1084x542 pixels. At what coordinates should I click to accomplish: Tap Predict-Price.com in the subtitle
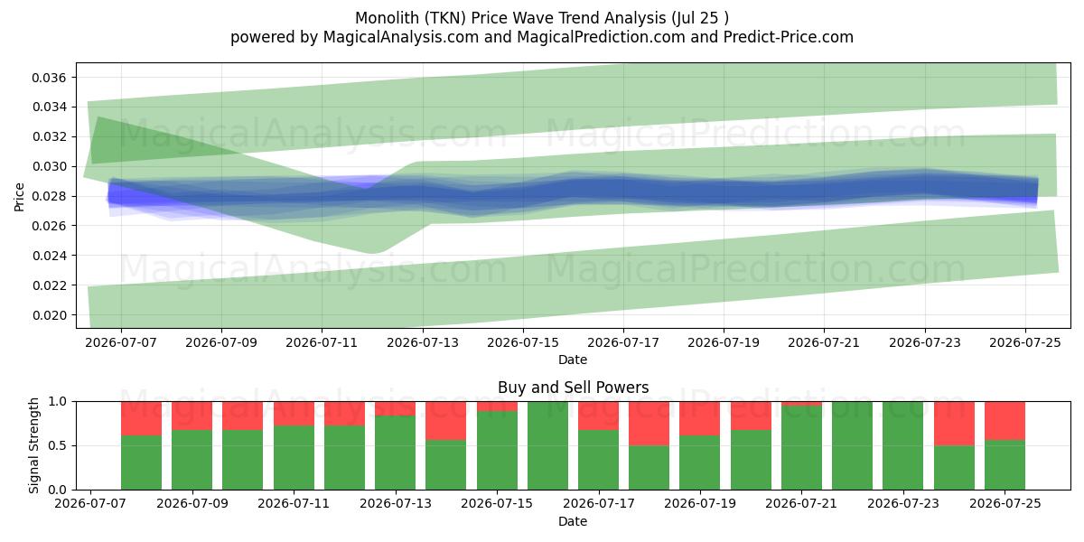point(789,37)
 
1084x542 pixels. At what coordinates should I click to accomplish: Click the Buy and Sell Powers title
point(573,388)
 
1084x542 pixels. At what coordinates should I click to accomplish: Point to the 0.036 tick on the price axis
point(49,78)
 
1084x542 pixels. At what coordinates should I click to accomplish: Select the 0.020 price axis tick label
point(49,315)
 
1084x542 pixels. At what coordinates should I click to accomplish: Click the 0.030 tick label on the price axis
point(49,166)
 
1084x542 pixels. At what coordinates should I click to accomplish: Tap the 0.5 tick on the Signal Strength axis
point(58,445)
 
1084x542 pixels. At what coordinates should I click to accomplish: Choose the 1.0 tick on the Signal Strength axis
point(58,401)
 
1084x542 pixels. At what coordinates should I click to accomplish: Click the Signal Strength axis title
point(33,445)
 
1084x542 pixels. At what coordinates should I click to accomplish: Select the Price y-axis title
point(19,197)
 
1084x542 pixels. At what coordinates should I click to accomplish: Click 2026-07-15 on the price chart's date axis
point(523,343)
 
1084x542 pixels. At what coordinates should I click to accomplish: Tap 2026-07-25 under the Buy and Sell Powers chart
point(1005,504)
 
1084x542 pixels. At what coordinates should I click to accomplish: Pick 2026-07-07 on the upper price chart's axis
point(121,343)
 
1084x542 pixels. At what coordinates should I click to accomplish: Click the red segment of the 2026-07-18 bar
point(649,424)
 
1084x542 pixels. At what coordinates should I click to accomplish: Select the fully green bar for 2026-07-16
point(547,445)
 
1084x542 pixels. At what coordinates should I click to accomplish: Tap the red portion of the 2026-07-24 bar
point(954,424)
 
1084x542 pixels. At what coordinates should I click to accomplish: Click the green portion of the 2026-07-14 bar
point(445,465)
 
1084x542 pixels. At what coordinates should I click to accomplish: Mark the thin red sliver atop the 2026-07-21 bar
point(801,404)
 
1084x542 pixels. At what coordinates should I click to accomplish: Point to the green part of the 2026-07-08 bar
point(141,463)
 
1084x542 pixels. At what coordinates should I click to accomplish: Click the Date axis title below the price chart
point(573,360)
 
